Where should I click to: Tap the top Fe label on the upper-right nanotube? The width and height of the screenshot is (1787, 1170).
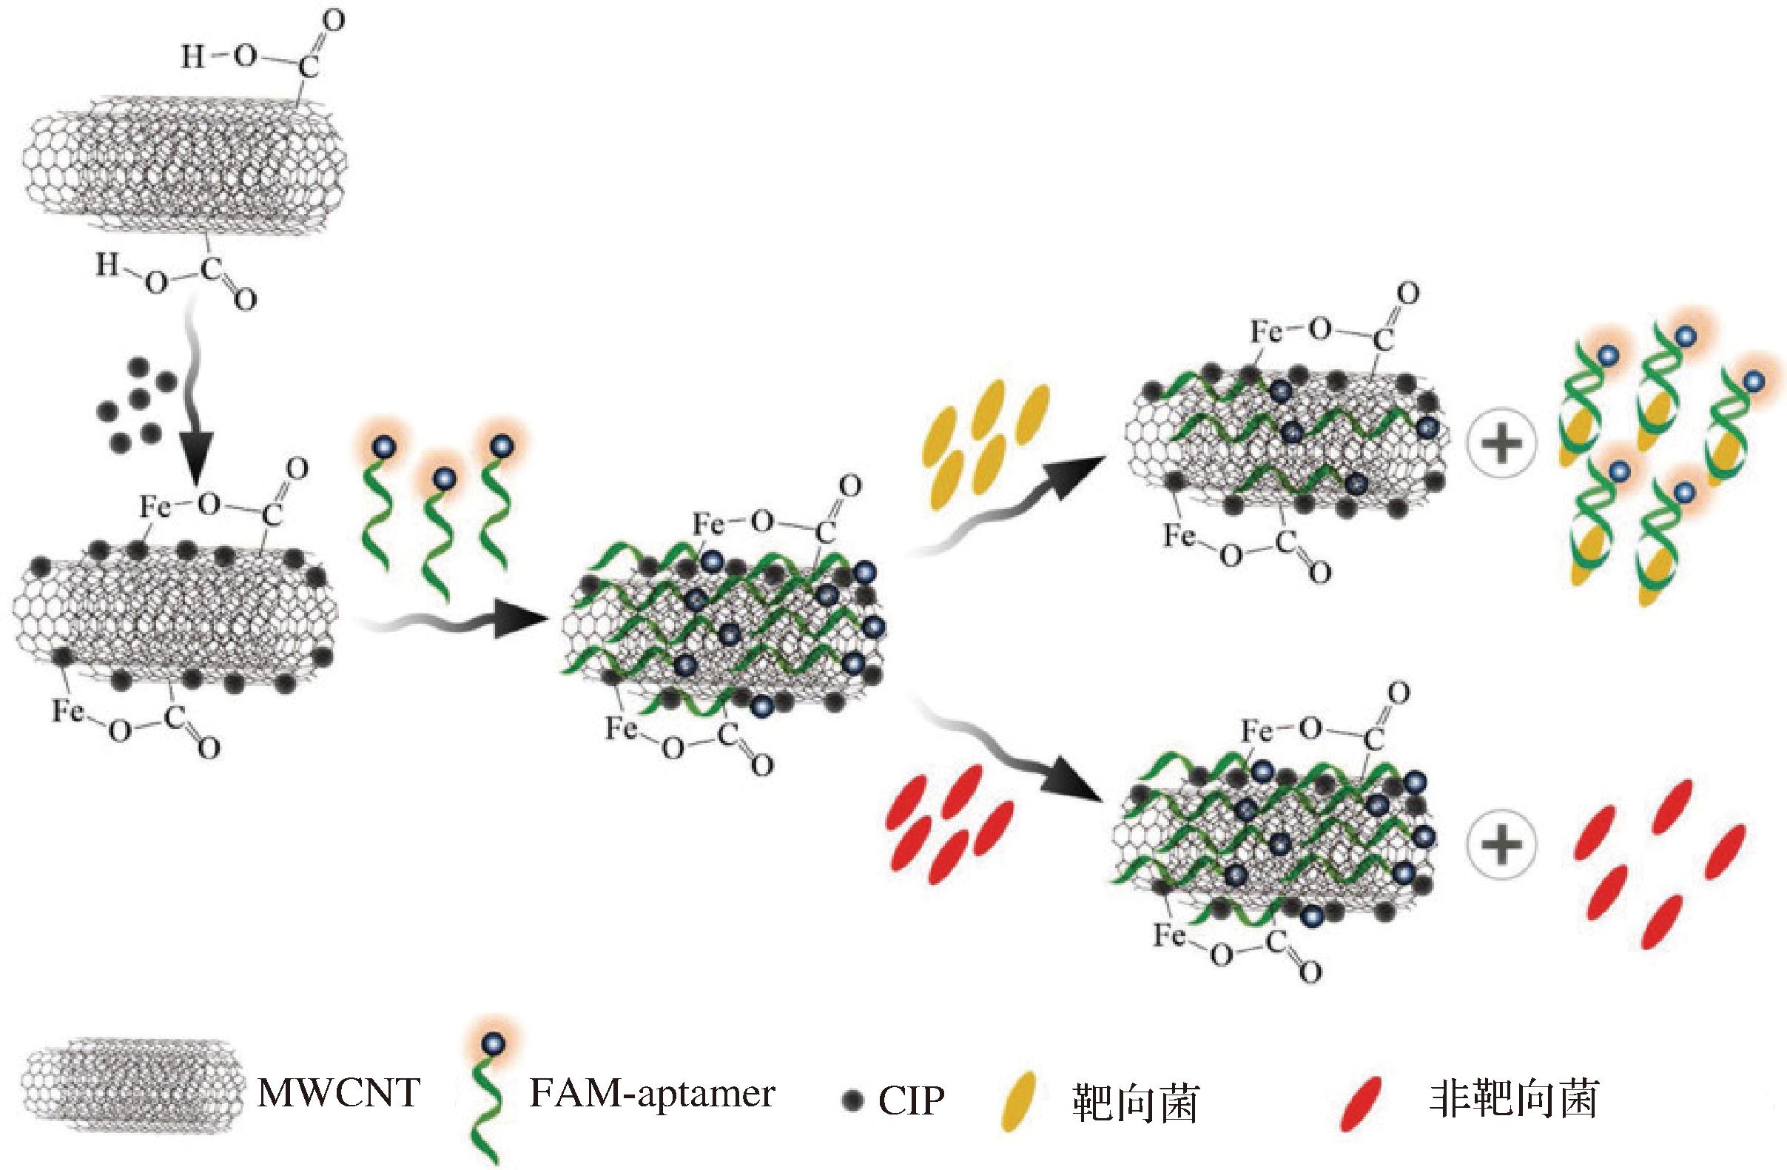pyautogui.click(x=1267, y=332)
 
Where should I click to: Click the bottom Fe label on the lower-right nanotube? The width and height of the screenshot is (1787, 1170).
pyautogui.click(x=1169, y=936)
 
